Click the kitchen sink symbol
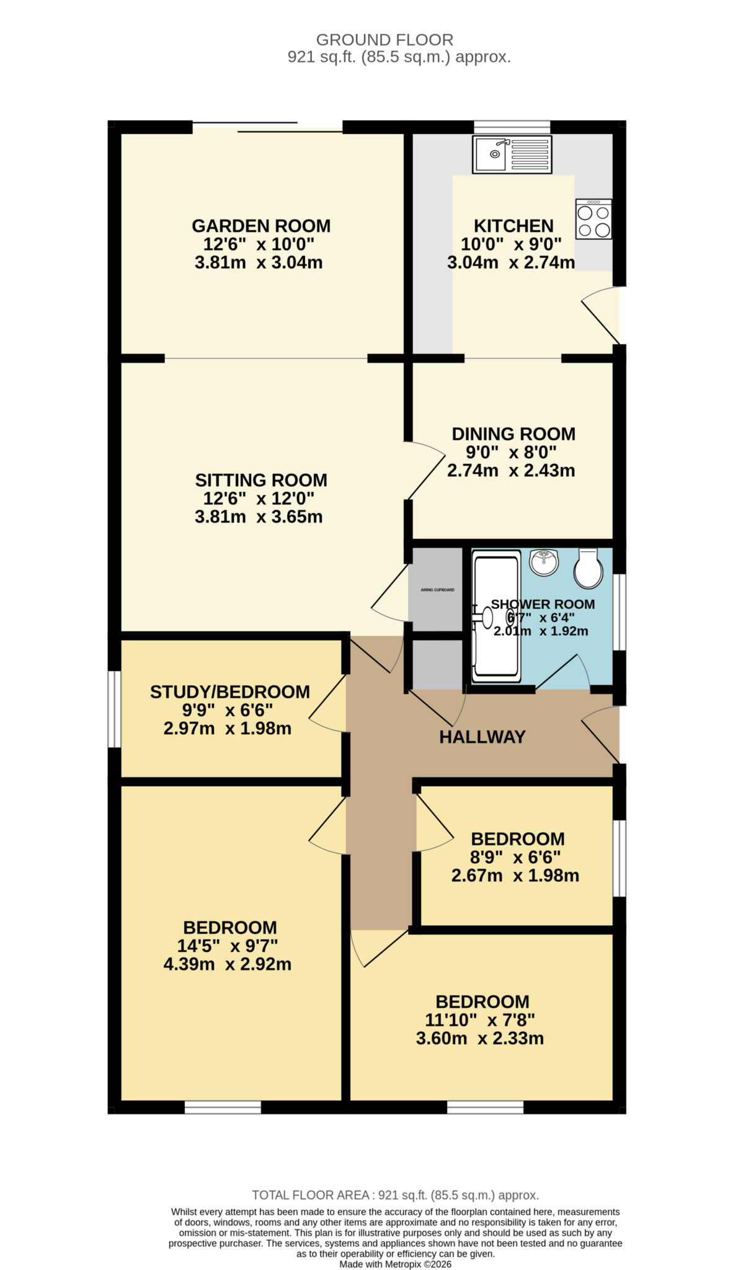(x=512, y=154)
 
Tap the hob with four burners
(x=593, y=219)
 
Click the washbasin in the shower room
(x=544, y=562)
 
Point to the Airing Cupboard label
(x=437, y=590)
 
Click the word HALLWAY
(x=482, y=737)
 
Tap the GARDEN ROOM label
(x=261, y=226)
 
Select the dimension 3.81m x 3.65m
(x=259, y=517)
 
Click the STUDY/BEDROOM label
(x=229, y=692)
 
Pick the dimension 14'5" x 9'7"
(x=228, y=946)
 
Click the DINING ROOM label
(x=513, y=434)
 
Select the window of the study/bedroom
(x=114, y=709)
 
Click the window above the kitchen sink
(x=512, y=127)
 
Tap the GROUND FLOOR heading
(x=384, y=40)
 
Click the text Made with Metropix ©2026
(x=395, y=1264)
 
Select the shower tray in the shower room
(x=496, y=618)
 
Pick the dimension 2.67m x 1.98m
(x=515, y=876)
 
